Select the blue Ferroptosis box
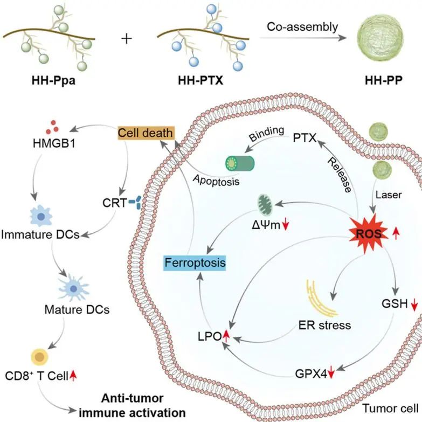(195, 264)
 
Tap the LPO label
(210, 337)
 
